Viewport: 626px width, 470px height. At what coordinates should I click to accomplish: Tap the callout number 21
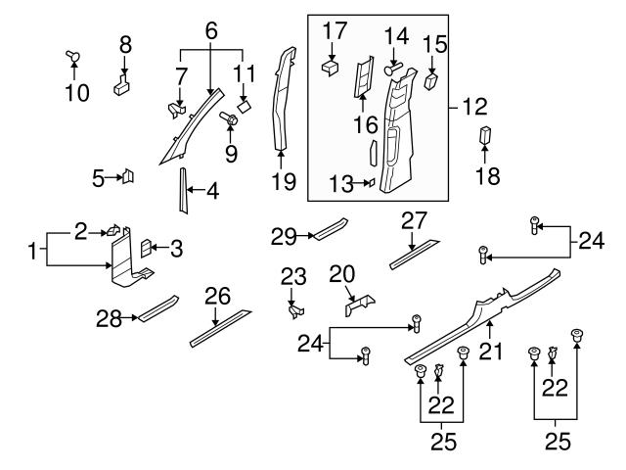click(x=491, y=351)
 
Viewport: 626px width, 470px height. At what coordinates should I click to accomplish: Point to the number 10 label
click(x=76, y=93)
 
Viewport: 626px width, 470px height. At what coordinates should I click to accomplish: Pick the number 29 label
click(x=284, y=236)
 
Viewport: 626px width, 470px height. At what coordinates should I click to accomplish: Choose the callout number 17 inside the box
click(x=334, y=31)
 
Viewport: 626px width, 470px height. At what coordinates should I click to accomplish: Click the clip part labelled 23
click(x=294, y=310)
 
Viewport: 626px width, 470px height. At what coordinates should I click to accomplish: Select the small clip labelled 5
click(x=127, y=176)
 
